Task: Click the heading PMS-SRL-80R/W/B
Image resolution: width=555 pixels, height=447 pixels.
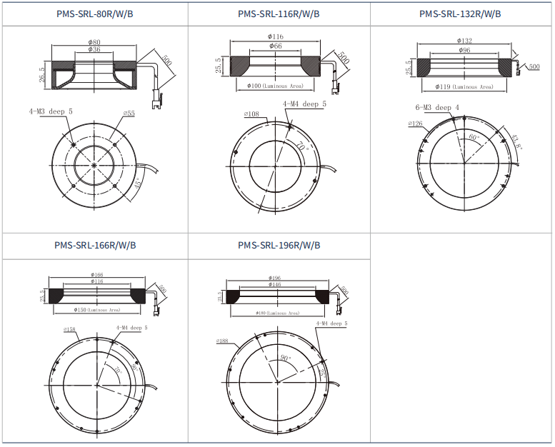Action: click(x=94, y=14)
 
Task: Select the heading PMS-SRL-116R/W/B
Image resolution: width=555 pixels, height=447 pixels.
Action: click(x=279, y=14)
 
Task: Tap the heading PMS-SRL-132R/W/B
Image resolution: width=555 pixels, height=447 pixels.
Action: click(x=460, y=14)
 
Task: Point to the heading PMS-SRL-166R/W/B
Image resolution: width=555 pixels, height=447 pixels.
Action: click(x=94, y=246)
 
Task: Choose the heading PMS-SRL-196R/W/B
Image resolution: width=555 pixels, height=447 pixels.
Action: click(x=279, y=246)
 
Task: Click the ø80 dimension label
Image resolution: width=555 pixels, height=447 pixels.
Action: click(x=94, y=42)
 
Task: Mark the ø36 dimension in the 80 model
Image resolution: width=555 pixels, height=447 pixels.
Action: click(x=94, y=50)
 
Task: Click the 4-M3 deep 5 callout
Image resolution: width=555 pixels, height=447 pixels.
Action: click(x=51, y=112)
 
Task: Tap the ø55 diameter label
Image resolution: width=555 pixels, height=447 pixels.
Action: click(x=129, y=114)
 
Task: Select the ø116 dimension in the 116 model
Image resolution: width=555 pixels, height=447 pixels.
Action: click(x=276, y=36)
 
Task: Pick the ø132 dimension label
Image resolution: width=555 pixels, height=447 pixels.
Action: click(x=464, y=41)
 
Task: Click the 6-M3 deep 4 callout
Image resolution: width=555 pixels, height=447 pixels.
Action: click(x=438, y=108)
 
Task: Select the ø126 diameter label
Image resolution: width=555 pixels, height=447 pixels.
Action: click(x=415, y=124)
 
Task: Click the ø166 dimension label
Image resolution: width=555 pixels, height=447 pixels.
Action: click(x=97, y=275)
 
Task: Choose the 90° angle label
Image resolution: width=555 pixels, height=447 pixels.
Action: click(x=286, y=358)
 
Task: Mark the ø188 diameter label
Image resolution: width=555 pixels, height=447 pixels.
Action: click(x=222, y=341)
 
